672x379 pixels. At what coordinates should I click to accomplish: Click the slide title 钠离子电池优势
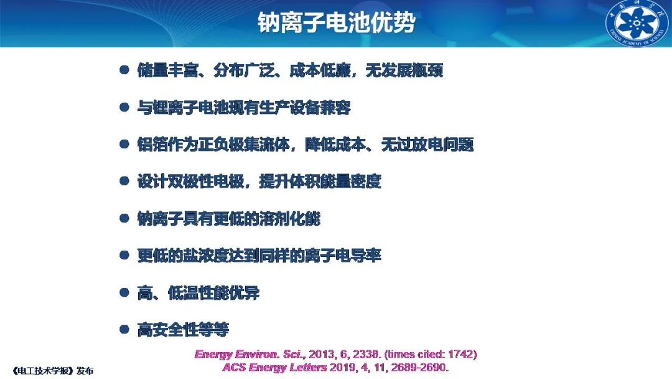click(x=337, y=22)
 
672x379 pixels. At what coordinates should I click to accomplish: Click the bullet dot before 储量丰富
click(x=124, y=70)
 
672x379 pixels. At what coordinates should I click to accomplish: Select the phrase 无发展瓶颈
click(x=404, y=70)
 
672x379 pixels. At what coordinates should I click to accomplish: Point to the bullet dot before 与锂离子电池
click(x=124, y=107)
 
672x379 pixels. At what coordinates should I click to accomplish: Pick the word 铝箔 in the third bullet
click(x=152, y=144)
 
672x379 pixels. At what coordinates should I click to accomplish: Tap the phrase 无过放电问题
click(x=427, y=144)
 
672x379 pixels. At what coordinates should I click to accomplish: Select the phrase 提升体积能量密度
click(x=320, y=181)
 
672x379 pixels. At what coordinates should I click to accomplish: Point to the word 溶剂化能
click(x=290, y=219)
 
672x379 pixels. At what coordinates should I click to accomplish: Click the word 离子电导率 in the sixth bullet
click(x=343, y=256)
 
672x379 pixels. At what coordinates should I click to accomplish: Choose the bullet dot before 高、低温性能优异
click(x=124, y=293)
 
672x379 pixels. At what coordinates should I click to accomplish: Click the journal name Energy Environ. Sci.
click(x=250, y=355)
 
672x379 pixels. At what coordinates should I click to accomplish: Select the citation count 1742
click(x=460, y=354)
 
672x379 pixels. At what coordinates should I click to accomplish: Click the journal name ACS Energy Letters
click(x=275, y=367)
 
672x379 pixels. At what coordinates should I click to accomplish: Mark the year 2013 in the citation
click(x=322, y=354)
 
